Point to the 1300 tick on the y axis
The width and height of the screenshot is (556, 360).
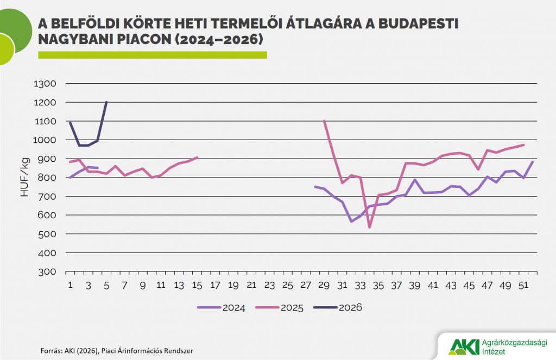[45, 84]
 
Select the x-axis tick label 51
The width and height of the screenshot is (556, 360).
[524, 285]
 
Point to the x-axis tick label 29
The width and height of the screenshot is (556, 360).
[324, 285]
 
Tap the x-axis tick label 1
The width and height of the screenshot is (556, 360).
[70, 285]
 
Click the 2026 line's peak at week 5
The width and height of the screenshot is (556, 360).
[106, 102]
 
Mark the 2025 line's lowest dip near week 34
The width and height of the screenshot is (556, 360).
[370, 228]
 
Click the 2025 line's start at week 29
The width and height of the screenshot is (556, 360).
[324, 121]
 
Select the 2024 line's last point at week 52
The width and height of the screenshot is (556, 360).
[533, 161]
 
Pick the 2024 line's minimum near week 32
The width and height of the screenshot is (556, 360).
[351, 222]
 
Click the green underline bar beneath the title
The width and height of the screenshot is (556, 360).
[152, 55]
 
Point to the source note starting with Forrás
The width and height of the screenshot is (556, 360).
[117, 351]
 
